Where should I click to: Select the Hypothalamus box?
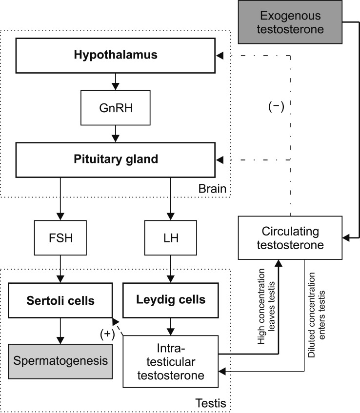[116, 55]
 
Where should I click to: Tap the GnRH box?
[116, 108]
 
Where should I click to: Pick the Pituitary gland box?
[116, 159]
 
